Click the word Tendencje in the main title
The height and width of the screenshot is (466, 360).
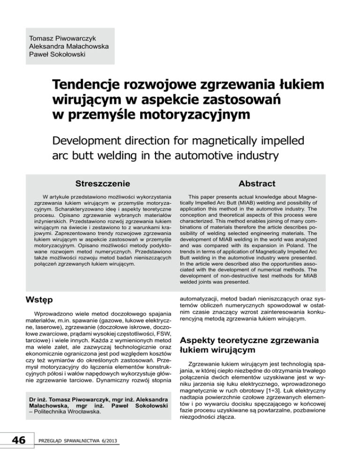[93, 85]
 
